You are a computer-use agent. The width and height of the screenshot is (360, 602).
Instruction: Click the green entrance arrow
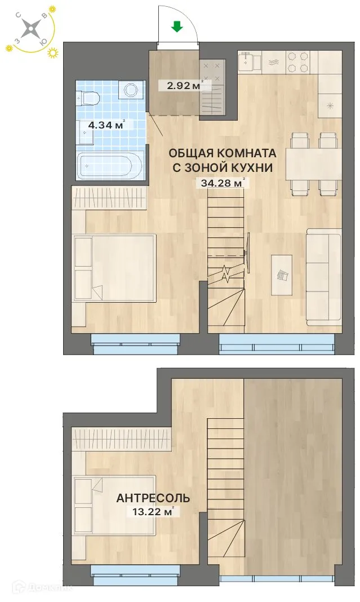coord(177,26)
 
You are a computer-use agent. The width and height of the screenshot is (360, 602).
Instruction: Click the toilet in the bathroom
coord(90,99)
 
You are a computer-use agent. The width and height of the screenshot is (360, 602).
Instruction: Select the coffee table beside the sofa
coord(282,275)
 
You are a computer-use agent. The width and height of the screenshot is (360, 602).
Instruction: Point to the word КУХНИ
coord(250,167)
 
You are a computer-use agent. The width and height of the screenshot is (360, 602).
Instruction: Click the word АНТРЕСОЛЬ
coord(153,498)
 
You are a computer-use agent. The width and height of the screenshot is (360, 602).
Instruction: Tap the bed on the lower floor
coord(114,269)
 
